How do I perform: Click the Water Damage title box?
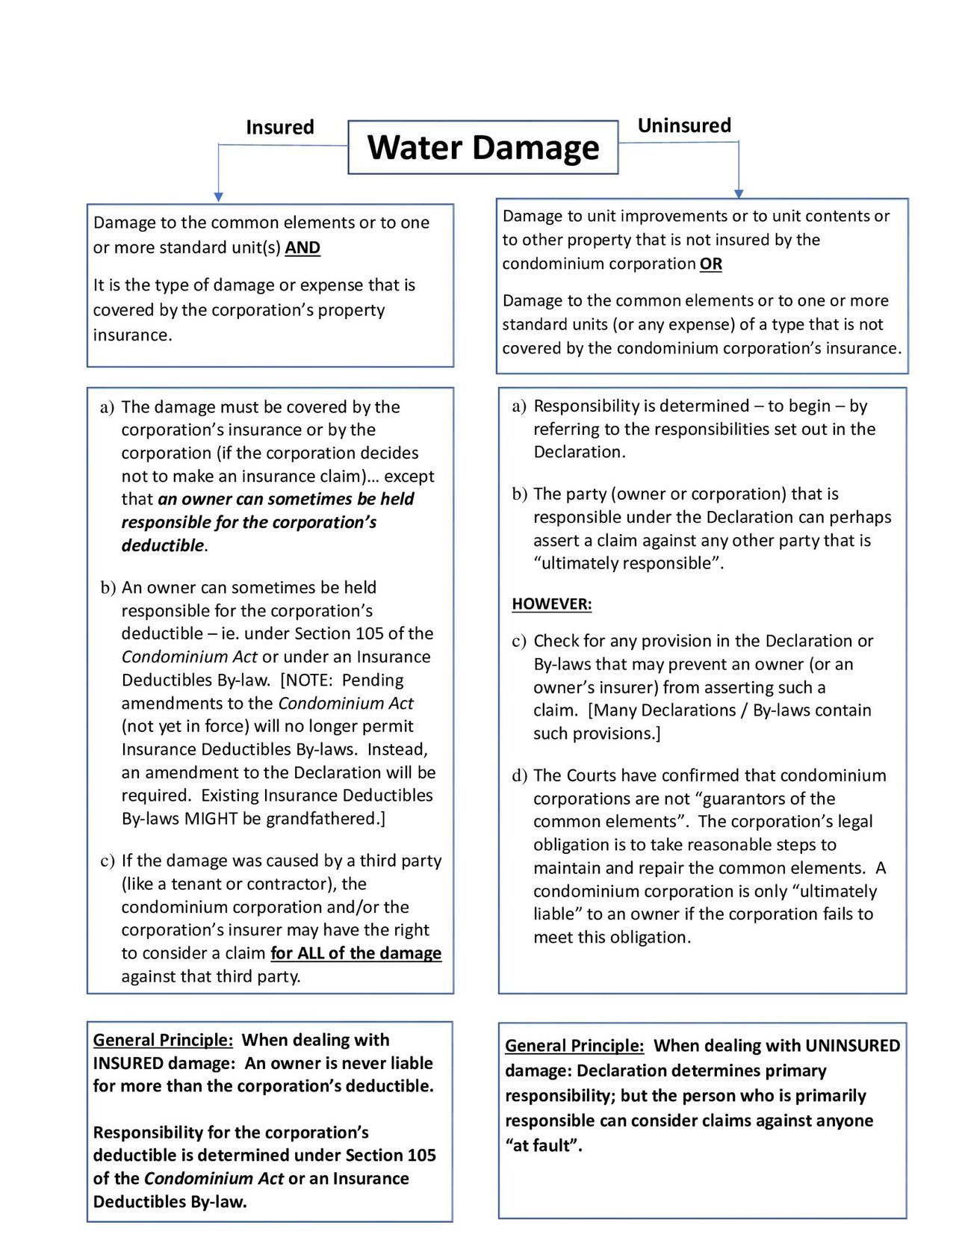482,147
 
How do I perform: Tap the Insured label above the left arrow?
279,127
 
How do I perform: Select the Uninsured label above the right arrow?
683,125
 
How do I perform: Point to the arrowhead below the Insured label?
218,197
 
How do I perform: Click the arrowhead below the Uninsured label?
739,193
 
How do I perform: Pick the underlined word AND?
302,247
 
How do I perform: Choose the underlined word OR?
710,264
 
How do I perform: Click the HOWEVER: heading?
551,604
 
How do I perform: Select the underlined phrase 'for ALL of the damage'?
356,952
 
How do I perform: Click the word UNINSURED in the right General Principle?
852,1045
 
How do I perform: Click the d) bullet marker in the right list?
519,775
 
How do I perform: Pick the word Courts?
594,775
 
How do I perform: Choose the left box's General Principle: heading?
163,1040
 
